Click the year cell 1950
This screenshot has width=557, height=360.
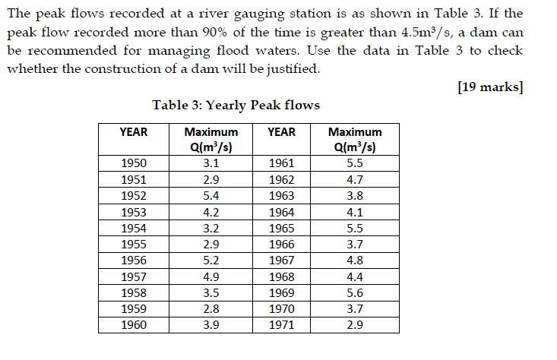click(134, 163)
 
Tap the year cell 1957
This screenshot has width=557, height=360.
click(134, 276)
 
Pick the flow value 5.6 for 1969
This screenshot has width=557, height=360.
click(354, 292)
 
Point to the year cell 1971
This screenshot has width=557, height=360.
click(281, 324)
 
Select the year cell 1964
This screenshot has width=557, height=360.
click(281, 212)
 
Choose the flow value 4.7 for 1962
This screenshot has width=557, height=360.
click(354, 179)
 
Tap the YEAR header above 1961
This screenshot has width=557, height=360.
click(281, 131)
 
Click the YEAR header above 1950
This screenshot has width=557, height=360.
click(134, 131)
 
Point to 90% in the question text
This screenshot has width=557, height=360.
click(238, 33)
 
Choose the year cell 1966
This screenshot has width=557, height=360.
click(281, 244)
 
